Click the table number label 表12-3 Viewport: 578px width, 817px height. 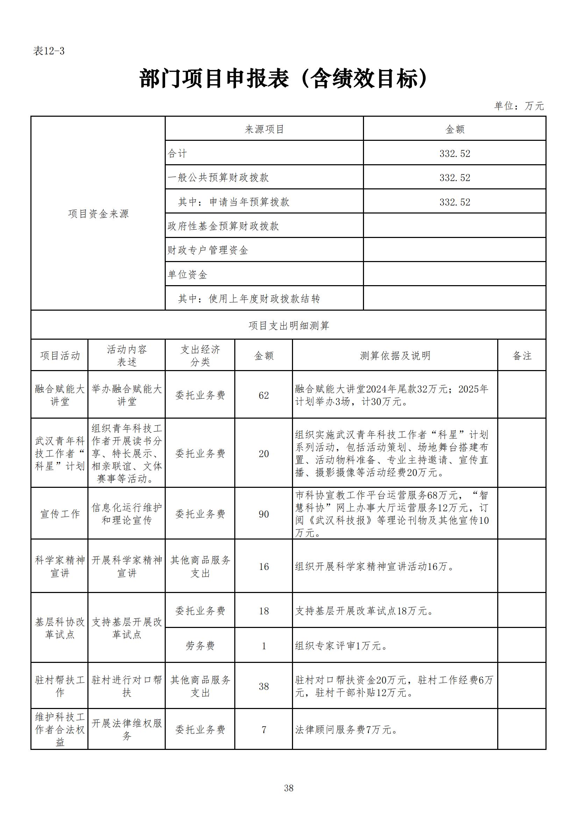click(x=49, y=51)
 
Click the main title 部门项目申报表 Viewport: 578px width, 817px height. click(x=284, y=79)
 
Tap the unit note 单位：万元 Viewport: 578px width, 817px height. click(x=519, y=106)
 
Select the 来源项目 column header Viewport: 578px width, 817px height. click(x=264, y=129)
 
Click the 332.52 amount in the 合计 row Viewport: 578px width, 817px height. click(x=455, y=153)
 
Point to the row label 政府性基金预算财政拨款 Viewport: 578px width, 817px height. click(x=223, y=226)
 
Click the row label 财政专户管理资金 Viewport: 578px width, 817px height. click(x=208, y=250)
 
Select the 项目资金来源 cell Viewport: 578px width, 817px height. click(x=98, y=214)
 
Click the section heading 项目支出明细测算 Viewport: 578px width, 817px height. click(x=289, y=326)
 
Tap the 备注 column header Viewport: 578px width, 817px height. click(x=522, y=355)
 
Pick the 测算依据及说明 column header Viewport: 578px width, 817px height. click(x=395, y=355)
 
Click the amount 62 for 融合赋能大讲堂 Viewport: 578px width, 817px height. click(x=264, y=395)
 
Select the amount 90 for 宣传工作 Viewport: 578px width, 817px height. click(x=264, y=514)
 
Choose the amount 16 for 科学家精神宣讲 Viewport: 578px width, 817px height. click(x=264, y=566)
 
